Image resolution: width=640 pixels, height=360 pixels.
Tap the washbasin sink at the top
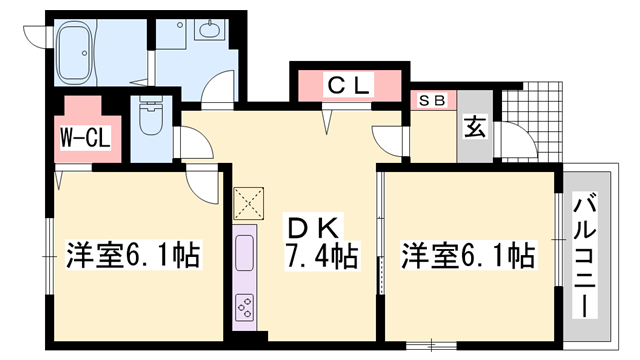209,29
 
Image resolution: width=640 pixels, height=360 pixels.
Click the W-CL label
85,138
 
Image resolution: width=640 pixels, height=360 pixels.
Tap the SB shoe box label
433,100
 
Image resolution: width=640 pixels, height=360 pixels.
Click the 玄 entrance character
475,127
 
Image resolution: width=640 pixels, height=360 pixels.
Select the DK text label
313,228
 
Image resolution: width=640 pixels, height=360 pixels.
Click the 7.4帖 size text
321,256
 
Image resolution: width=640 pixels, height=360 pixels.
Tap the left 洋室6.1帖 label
133,255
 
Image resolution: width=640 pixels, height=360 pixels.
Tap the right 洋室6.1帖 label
468,256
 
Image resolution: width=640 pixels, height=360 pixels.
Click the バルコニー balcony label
585,255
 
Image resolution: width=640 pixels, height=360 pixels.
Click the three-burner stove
244,307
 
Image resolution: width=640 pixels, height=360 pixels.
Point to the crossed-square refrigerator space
248,203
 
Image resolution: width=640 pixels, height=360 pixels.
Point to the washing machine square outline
171,34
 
